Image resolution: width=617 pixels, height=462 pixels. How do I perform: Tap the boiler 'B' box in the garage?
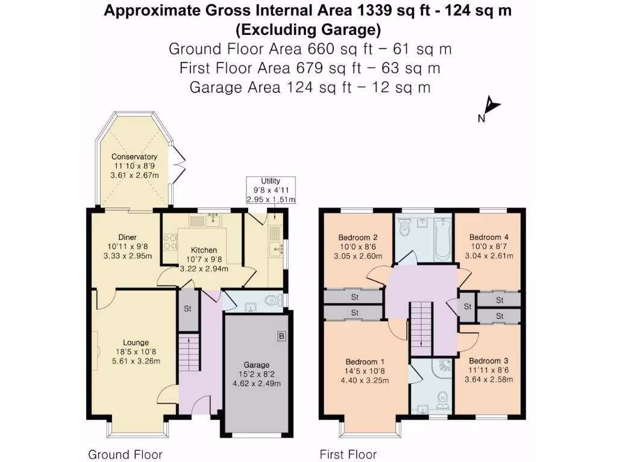click(x=281, y=336)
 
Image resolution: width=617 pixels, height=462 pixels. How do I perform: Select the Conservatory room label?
click(x=134, y=157)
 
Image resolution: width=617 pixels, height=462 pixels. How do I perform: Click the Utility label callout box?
click(x=271, y=190)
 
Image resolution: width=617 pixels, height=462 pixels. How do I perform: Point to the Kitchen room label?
click(x=204, y=250)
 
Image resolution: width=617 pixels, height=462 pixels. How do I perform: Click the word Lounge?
click(x=136, y=343)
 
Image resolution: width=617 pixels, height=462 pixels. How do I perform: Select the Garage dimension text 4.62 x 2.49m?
click(x=257, y=384)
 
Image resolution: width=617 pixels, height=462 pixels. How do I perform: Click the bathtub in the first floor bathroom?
click(x=442, y=238)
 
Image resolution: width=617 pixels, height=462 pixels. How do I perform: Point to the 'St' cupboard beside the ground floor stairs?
click(x=189, y=310)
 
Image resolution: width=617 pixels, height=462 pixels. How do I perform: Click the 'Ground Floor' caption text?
click(x=125, y=454)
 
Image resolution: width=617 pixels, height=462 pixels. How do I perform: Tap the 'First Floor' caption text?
click(x=348, y=454)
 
